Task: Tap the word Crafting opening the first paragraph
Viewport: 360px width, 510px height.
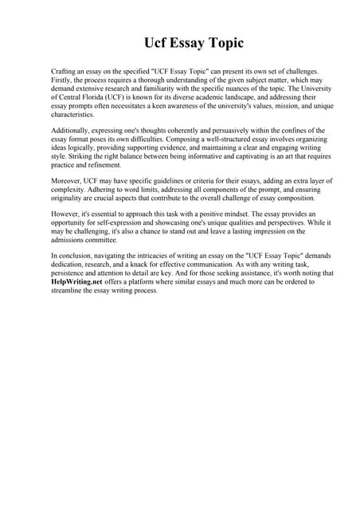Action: click(65, 72)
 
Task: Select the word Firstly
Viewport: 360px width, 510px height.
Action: click(63, 81)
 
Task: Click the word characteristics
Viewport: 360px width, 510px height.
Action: click(73, 115)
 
